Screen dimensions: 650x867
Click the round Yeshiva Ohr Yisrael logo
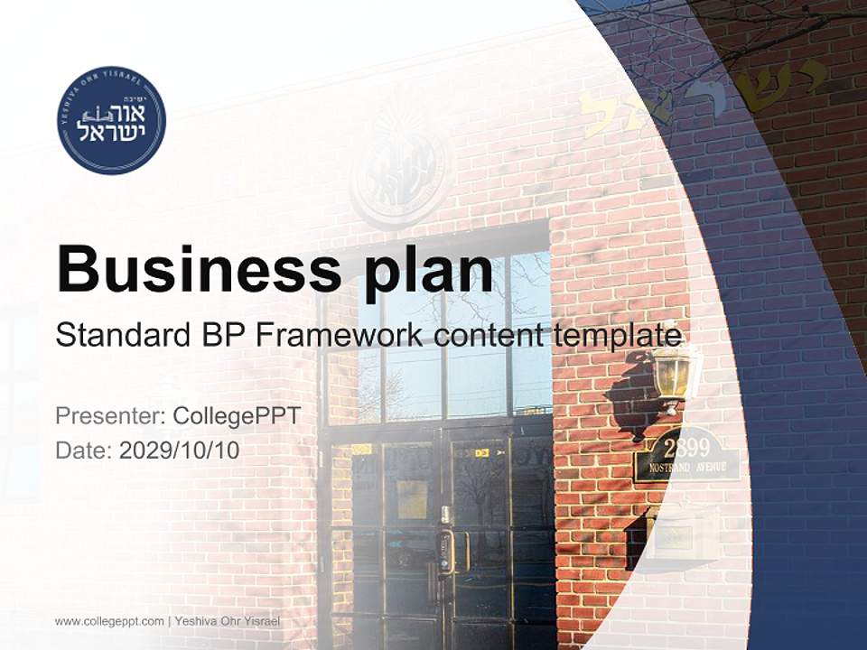point(111,120)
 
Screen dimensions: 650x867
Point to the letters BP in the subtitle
point(222,335)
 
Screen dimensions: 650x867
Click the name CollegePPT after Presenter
point(237,416)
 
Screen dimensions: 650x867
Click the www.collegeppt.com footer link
point(109,621)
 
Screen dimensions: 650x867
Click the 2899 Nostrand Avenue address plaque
point(687,457)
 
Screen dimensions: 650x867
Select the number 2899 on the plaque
point(686,447)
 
